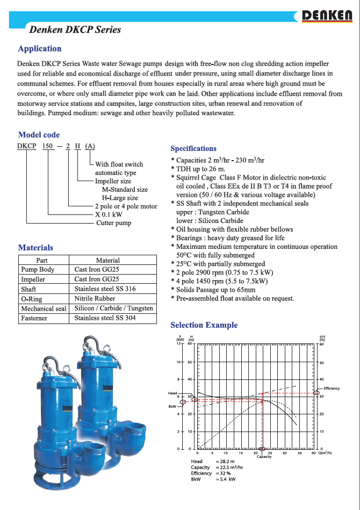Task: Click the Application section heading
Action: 40,49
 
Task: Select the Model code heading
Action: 39,135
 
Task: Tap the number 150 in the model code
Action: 49,146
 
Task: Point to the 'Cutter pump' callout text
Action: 113,223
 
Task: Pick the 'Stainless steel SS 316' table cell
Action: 105,289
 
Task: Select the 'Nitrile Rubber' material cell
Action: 95,298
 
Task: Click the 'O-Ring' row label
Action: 31,299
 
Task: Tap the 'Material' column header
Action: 107,260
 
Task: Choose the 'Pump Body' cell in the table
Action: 37,269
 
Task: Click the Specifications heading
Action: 193,149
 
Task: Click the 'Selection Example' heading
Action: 204,325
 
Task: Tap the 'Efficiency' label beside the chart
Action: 332,389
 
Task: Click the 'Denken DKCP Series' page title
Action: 75,30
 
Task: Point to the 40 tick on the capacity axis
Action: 313,453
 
